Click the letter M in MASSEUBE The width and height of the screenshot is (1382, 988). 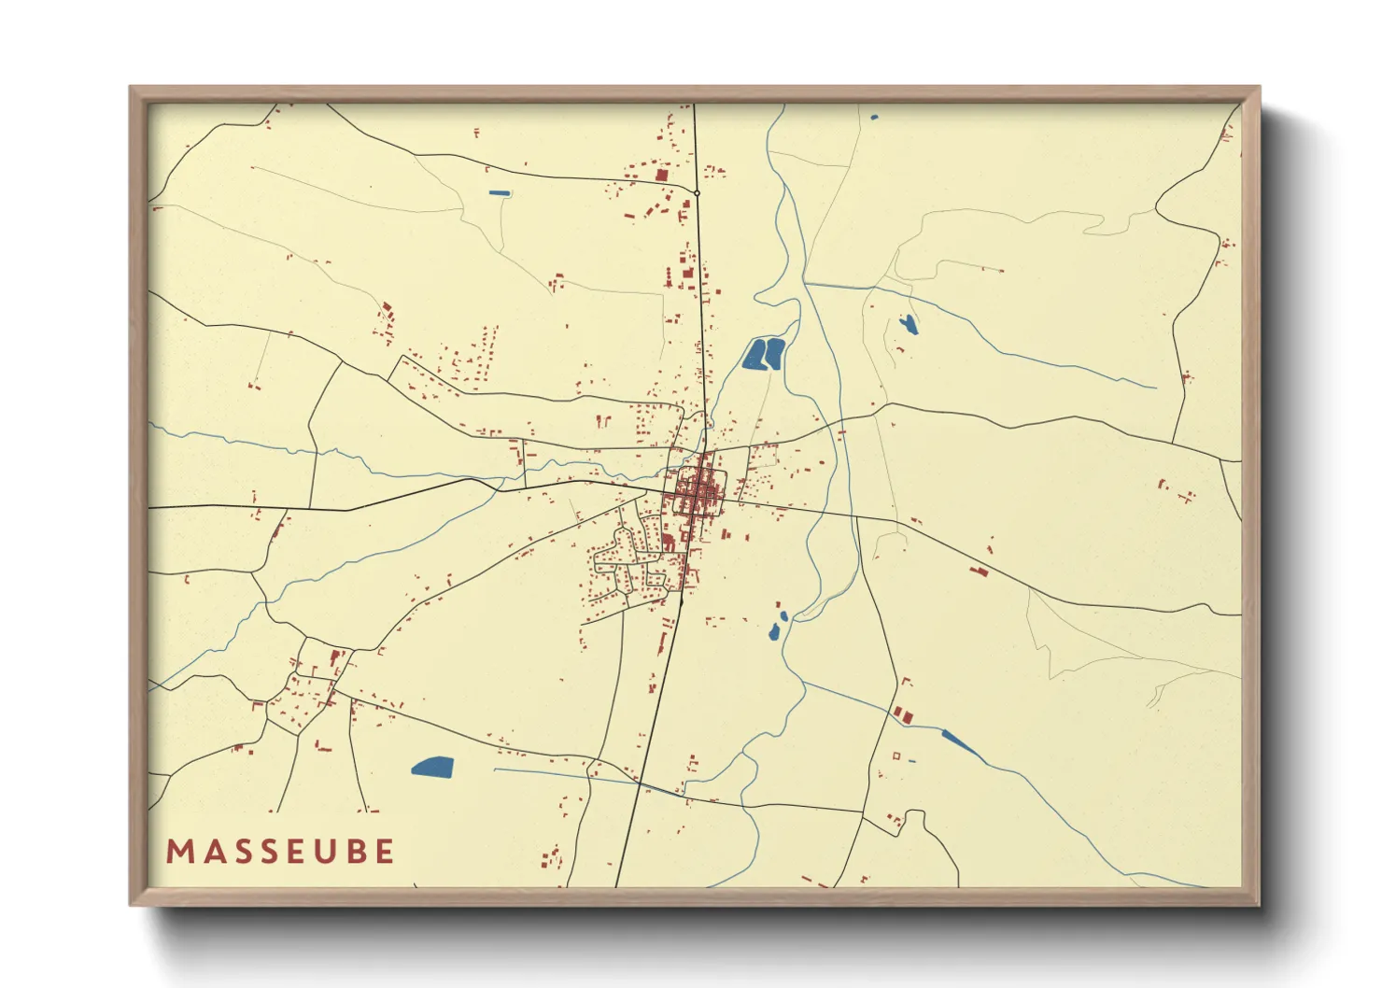[176, 852]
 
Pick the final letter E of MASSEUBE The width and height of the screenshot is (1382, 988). [384, 852]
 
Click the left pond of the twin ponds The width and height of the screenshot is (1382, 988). [754, 355]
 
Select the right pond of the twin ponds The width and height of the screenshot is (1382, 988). [774, 354]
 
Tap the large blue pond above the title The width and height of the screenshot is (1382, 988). [432, 768]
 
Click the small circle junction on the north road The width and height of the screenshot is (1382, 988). [697, 193]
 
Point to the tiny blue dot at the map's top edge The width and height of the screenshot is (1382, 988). [874, 118]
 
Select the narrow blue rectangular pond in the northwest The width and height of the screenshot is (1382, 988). [500, 193]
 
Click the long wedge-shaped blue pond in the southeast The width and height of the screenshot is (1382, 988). [958, 743]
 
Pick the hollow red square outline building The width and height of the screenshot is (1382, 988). [896, 755]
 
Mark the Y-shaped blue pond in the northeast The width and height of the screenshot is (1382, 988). [908, 324]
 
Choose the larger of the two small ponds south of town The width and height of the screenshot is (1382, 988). [774, 633]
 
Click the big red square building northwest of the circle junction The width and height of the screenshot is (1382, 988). [662, 175]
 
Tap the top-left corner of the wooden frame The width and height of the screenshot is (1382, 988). [131, 88]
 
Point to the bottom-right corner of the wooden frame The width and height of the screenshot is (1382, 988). [1259, 904]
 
